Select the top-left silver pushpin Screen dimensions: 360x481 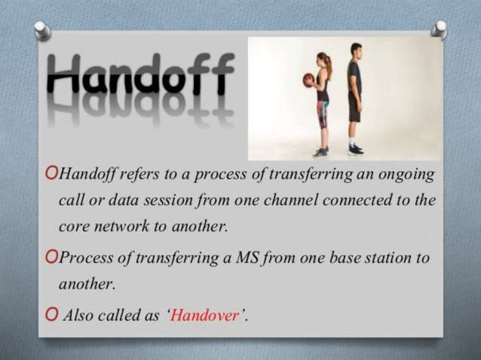click(42, 30)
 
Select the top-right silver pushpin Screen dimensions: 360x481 click(440, 29)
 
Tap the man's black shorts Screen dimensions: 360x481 click(354, 106)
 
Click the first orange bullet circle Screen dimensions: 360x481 click(51, 175)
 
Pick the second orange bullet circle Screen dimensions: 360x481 click(51, 258)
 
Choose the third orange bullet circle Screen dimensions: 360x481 click(51, 315)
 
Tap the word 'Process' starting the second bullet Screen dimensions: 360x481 click(84, 258)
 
